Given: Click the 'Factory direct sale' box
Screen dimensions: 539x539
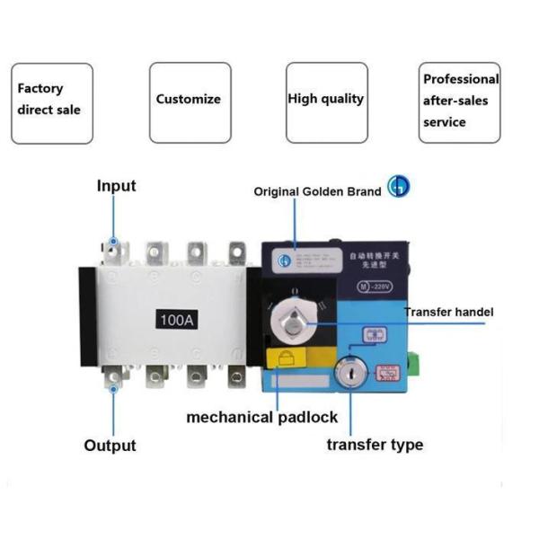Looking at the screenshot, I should tap(52, 102).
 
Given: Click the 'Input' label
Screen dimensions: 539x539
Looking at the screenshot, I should tap(116, 186).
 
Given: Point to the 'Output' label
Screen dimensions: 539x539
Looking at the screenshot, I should tap(110, 446).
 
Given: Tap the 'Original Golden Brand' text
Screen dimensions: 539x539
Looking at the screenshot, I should tap(317, 191).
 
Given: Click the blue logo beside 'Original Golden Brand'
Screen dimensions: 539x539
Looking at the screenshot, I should tap(397, 186).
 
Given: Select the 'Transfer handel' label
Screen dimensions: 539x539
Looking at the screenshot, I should tap(448, 312).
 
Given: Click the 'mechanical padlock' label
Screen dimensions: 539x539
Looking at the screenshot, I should tap(262, 417).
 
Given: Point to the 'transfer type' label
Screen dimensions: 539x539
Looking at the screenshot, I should tap(375, 445).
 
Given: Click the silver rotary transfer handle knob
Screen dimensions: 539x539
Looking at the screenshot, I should tap(294, 314).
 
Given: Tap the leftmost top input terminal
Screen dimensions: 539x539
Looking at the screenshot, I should tap(113, 249).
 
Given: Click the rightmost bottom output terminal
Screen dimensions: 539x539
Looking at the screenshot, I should tap(236, 376).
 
